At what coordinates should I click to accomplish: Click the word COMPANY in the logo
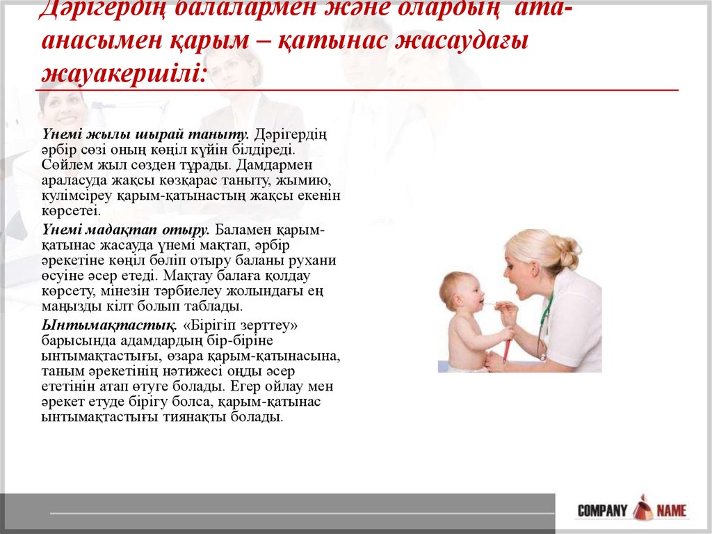[602, 510]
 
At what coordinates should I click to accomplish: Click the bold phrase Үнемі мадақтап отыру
[126, 229]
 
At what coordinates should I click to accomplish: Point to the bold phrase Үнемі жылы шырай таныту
[145, 133]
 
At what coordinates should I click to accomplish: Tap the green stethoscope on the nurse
[543, 320]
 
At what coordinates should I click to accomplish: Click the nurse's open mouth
[515, 286]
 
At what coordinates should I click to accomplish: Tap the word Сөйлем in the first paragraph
[65, 165]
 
